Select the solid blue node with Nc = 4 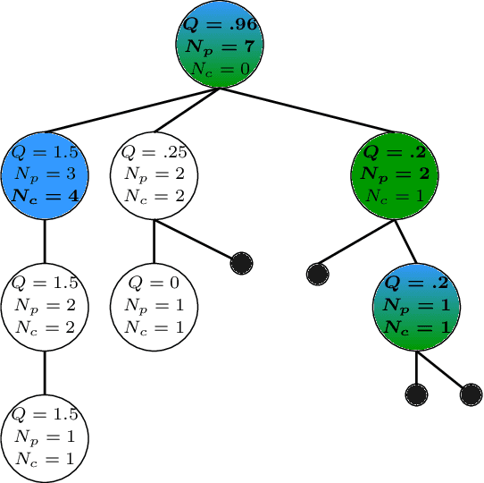[x=45, y=172]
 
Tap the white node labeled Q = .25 [x=154, y=172]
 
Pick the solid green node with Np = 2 [x=396, y=172]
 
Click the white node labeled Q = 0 [x=154, y=304]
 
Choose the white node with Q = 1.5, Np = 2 [x=45, y=304]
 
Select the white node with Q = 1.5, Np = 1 [x=45, y=436]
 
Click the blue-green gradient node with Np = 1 [x=415, y=304]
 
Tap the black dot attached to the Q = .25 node [x=240, y=263]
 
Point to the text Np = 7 [x=221, y=45]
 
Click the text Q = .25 [x=154, y=151]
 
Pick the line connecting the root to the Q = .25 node [x=188, y=110]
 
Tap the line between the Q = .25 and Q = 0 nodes [x=154, y=239]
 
